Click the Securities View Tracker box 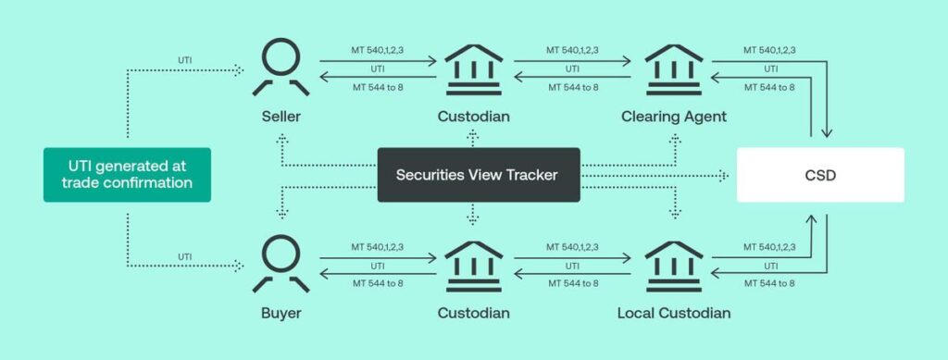478,174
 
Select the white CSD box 819,174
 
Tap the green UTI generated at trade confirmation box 127,174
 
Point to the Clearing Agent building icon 673,69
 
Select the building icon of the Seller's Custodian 473,69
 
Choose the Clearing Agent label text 673,118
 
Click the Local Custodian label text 673,313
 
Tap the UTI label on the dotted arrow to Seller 185,60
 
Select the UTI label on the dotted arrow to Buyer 185,256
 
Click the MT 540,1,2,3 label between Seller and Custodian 377,50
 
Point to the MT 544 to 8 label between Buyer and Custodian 377,283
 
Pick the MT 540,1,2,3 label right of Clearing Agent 768,50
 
